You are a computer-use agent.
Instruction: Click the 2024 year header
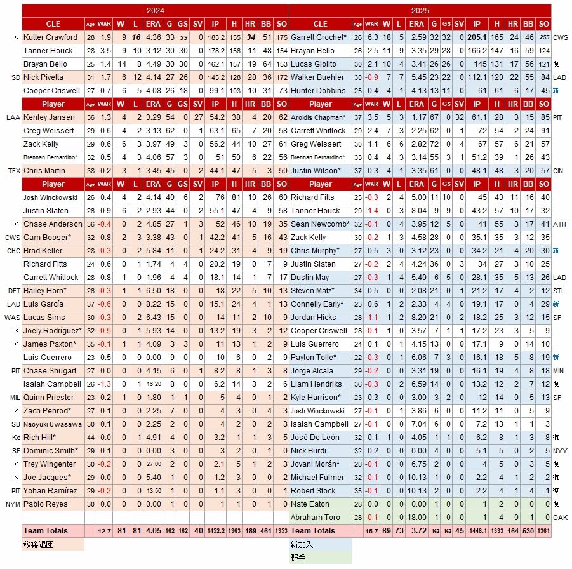155,11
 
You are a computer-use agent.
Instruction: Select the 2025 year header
420,11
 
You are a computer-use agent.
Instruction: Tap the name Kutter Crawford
50,37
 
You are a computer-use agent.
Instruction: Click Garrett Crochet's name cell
319,37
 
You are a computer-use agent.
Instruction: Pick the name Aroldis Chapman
318,117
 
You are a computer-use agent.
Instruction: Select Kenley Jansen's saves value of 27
199,117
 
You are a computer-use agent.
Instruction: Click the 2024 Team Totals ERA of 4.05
153,531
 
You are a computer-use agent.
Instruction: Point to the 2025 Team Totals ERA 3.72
417,531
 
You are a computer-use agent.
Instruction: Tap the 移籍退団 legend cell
53,545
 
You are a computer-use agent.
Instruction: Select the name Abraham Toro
315,518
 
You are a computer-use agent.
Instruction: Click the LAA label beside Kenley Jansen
13,117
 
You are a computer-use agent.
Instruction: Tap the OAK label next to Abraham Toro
561,518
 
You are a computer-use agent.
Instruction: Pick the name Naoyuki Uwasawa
53,424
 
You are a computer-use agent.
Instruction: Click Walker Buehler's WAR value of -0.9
372,77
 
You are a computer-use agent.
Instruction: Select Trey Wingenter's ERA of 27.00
153,464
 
